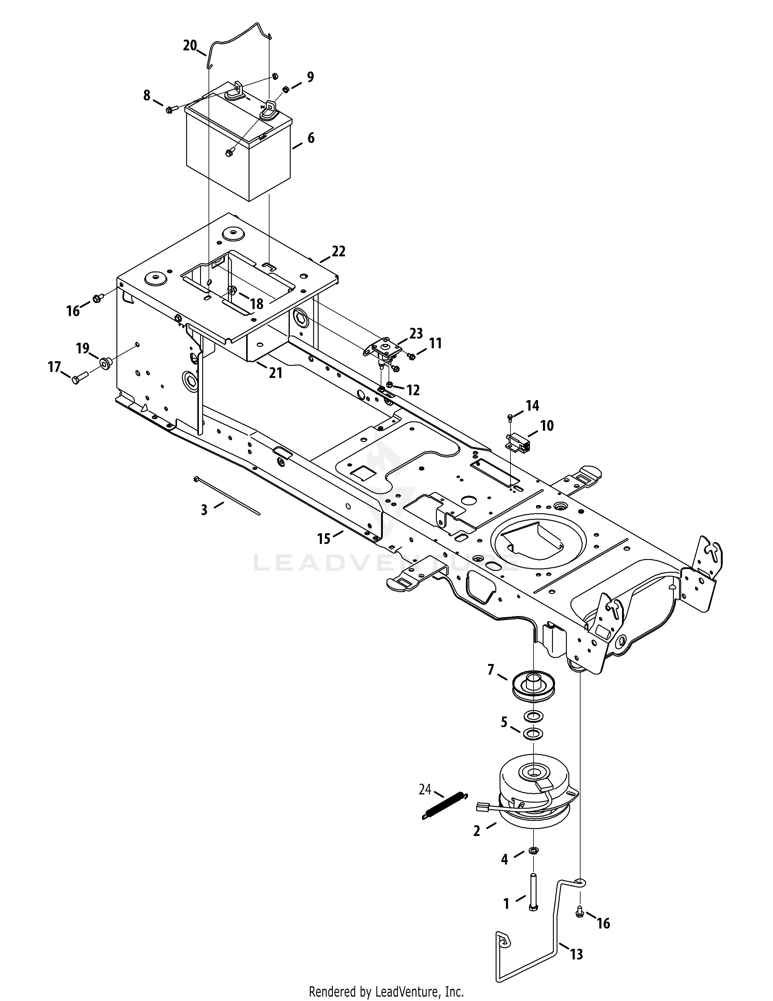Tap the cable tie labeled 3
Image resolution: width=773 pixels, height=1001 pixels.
(227, 495)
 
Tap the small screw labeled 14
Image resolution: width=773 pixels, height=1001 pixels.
(510, 416)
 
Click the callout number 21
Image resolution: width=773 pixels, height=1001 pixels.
(275, 373)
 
